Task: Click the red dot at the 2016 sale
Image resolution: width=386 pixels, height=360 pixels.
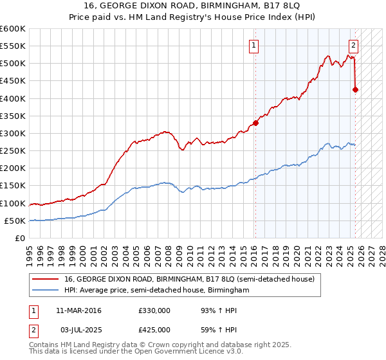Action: [255, 123]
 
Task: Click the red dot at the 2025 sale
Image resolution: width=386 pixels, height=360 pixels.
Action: [355, 89]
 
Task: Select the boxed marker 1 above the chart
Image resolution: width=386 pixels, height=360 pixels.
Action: [255, 45]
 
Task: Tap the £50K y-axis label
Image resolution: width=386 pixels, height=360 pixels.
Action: [15, 221]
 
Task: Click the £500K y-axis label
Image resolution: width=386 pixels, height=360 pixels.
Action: [13, 63]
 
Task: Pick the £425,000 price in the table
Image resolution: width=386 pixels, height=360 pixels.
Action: [154, 329]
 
